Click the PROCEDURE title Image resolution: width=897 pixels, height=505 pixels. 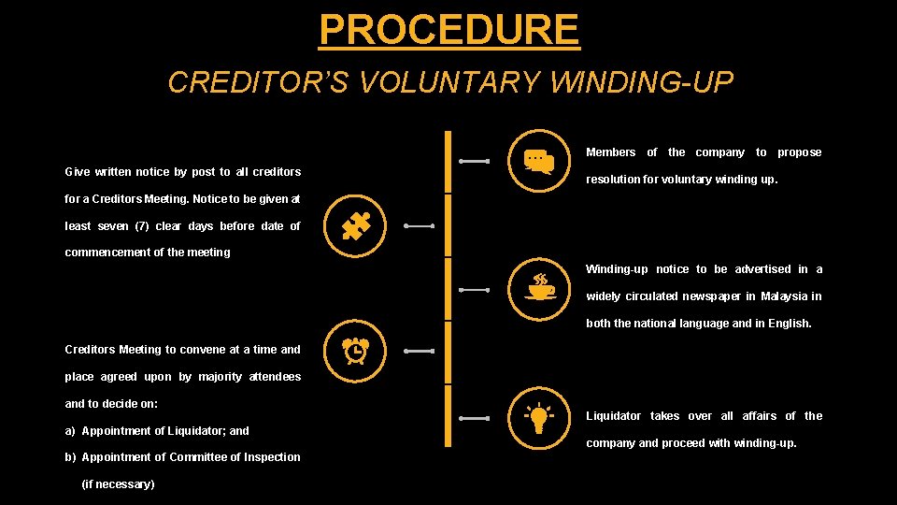448,29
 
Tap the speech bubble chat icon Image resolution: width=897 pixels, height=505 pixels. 539,161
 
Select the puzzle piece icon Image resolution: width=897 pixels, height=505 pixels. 356,226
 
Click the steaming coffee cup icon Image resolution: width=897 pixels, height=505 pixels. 540,287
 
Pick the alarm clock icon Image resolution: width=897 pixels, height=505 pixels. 355,350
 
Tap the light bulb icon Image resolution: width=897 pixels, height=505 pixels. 539,418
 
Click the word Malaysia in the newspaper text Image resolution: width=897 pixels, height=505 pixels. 785,296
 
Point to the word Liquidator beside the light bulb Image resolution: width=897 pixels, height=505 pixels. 613,416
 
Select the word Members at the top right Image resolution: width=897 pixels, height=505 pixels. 610,152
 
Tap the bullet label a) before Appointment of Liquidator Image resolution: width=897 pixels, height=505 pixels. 71,431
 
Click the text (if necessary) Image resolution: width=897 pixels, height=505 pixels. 119,484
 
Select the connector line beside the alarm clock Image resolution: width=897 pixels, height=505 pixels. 418,352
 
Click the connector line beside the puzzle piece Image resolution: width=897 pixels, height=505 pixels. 418,226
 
